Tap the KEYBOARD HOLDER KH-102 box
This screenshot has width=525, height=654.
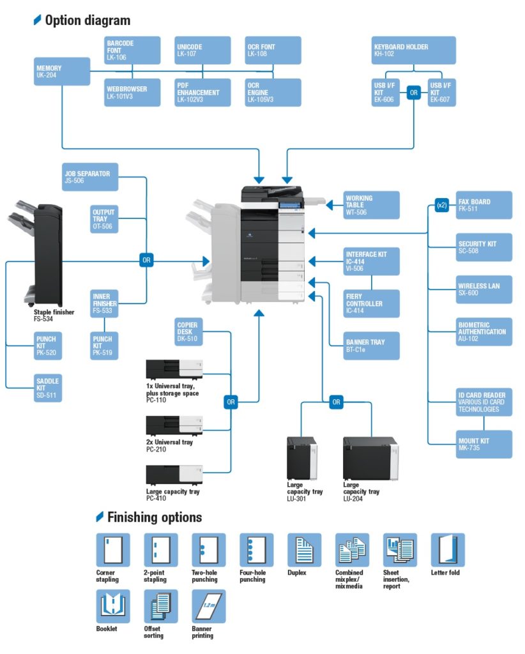tap(414, 50)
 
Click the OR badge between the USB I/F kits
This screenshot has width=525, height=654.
tap(414, 92)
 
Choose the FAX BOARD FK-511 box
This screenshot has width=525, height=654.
tap(484, 205)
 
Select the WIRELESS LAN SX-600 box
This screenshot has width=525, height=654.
tap(484, 289)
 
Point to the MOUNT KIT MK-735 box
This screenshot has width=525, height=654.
tap(484, 444)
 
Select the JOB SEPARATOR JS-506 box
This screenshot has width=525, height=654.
tap(91, 177)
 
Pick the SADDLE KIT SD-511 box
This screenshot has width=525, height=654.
tap(49, 388)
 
